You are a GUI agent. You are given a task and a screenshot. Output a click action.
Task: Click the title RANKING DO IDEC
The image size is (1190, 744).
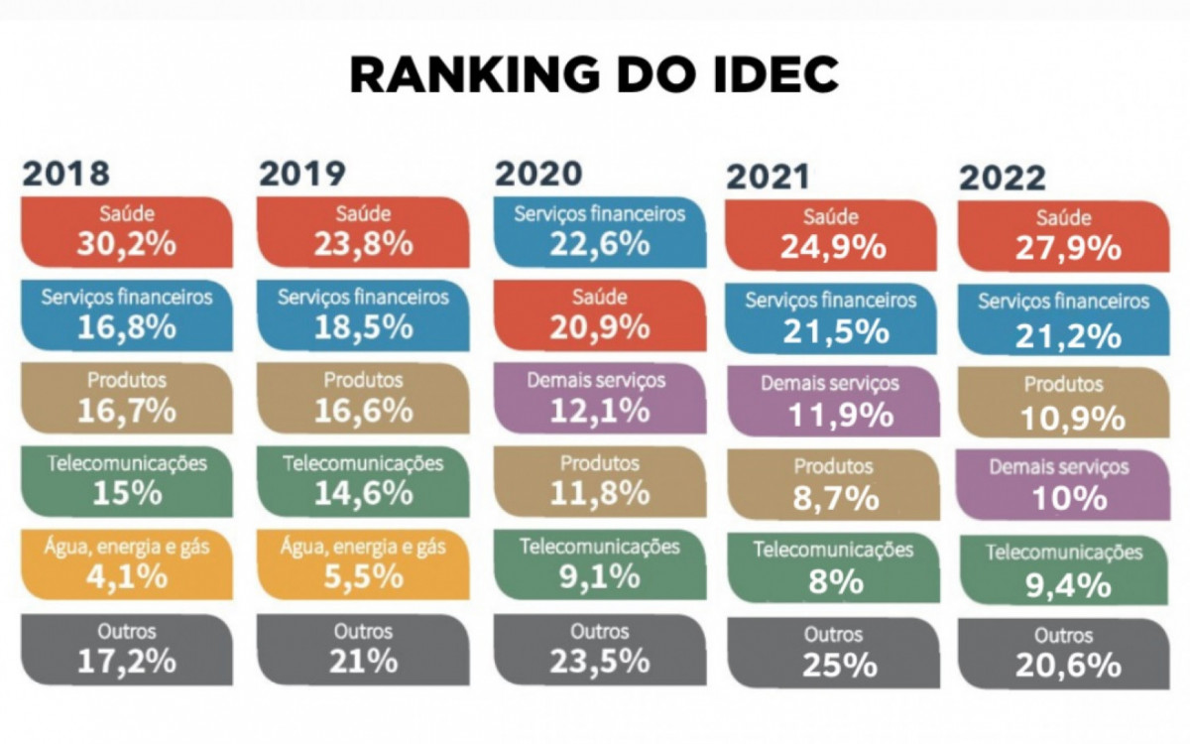(x=594, y=76)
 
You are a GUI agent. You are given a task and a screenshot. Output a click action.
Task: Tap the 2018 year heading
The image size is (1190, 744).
(x=66, y=173)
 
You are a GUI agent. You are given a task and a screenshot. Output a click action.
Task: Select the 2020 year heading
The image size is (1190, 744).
(x=538, y=173)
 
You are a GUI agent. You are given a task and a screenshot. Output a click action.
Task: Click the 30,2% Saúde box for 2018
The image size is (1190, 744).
(x=126, y=232)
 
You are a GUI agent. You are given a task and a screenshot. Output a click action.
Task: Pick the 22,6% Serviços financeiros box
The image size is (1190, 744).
(x=599, y=231)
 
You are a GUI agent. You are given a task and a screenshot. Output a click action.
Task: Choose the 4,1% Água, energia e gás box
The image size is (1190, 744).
(x=126, y=563)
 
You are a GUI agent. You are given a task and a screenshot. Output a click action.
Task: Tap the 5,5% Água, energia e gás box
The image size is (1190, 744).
(x=363, y=563)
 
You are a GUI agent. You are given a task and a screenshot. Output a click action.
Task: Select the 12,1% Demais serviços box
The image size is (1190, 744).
(x=599, y=398)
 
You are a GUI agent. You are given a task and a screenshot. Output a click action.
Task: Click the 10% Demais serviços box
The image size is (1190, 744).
(x=1063, y=485)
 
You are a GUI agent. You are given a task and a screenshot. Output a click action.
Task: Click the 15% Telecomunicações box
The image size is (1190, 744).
(x=126, y=481)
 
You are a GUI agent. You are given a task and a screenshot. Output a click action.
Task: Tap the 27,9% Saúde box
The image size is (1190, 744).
(x=1063, y=236)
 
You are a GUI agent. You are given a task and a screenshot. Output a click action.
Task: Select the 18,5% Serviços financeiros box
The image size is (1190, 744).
(x=363, y=314)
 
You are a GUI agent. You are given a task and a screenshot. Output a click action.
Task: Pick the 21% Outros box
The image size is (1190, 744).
(x=363, y=649)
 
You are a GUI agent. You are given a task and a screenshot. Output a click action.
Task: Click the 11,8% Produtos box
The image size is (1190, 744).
(x=599, y=481)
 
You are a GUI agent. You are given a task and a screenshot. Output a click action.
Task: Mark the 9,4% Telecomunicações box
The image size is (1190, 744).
(x=1063, y=569)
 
